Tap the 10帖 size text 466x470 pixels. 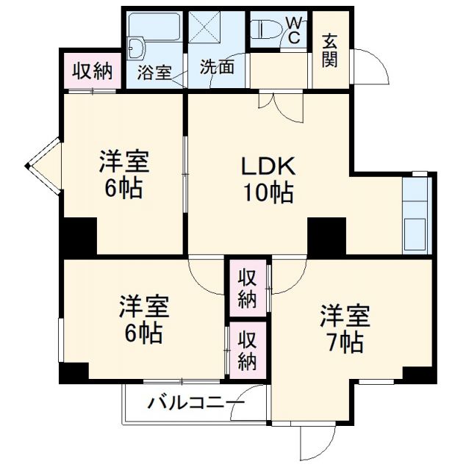pos(269,193)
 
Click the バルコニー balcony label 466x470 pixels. pos(195,403)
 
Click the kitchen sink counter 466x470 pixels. pos(416,214)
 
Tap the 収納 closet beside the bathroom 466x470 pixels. pos(92,70)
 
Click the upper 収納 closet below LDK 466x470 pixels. pos(246,289)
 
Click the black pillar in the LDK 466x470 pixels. pos(326,236)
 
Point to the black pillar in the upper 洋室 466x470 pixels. pos(79,236)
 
